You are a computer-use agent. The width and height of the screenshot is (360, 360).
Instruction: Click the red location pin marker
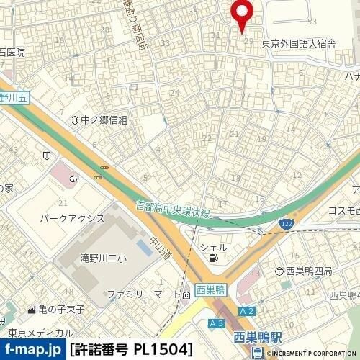coord(241,13)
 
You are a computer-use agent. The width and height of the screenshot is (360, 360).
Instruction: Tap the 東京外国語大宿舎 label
coord(299,43)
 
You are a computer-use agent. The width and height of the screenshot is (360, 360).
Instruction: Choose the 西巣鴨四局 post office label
coord(308,271)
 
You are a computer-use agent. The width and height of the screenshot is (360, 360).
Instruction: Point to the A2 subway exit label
coord(247,310)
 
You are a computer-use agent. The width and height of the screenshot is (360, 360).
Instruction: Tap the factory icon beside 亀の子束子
coord(31,310)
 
